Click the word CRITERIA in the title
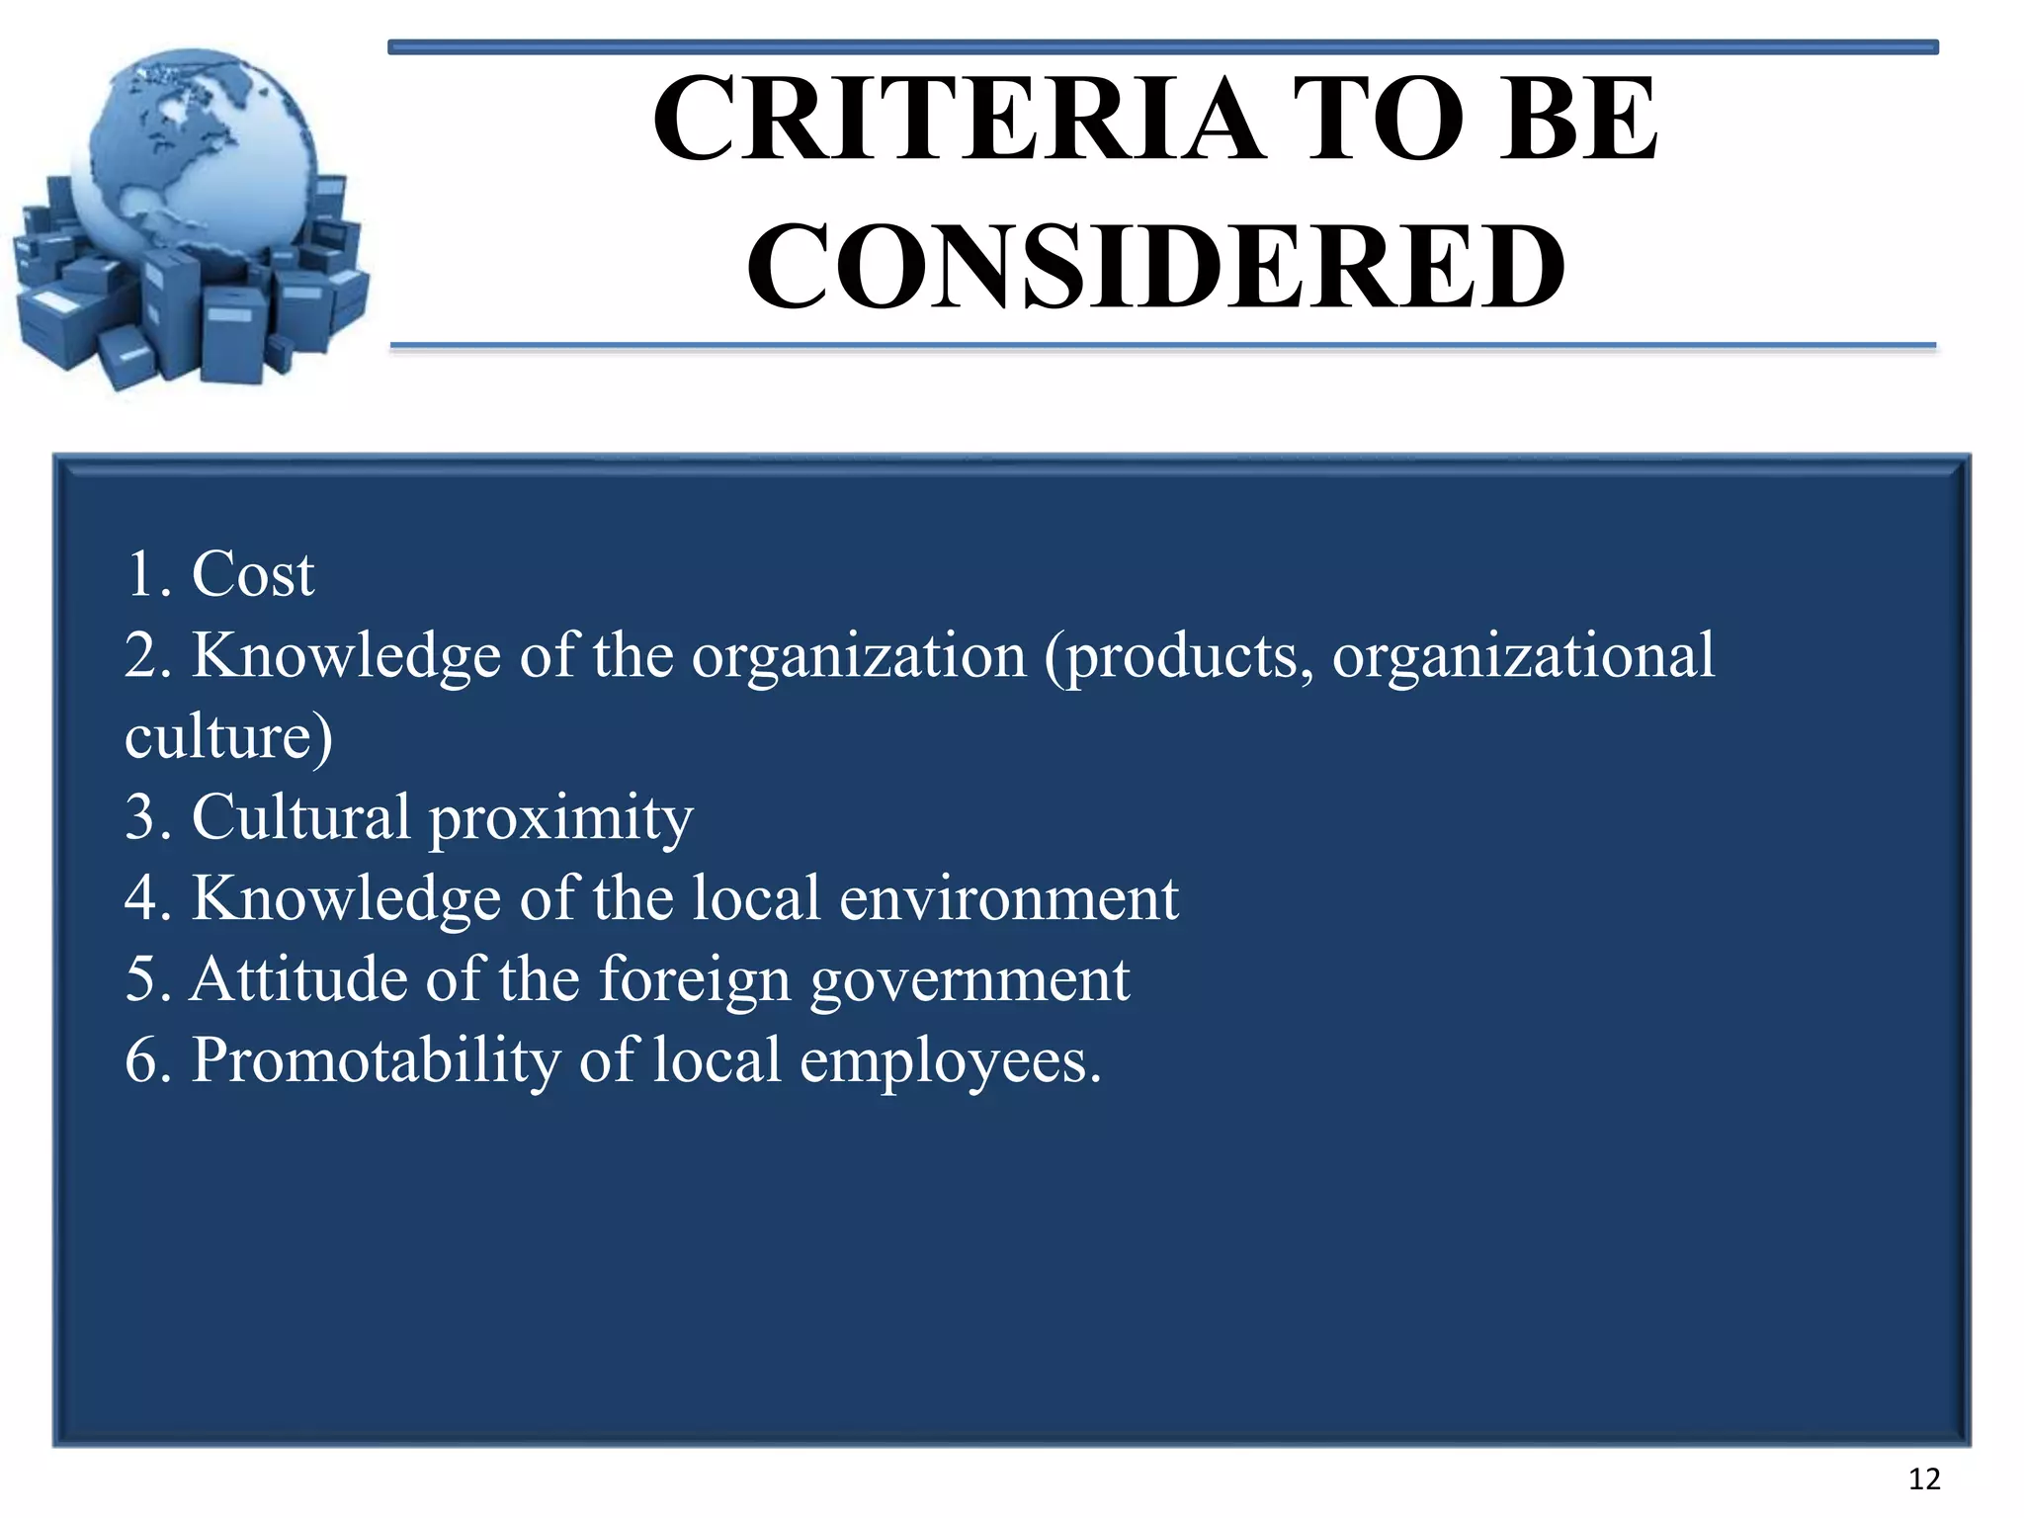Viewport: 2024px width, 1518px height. (957, 121)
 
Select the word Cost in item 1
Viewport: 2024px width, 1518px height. (253, 574)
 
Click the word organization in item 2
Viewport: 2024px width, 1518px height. (858, 656)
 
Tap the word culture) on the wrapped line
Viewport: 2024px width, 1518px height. (228, 737)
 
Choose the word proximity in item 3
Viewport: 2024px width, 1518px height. (560, 818)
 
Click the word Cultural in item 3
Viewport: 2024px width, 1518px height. (300, 818)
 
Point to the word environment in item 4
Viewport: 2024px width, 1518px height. (1008, 899)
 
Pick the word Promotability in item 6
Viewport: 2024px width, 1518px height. (376, 1062)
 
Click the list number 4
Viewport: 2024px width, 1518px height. (144, 899)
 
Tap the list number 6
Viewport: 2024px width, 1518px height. (144, 1061)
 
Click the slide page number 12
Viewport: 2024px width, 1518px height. (1923, 1479)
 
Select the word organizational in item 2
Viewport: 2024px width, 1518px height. (1523, 656)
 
